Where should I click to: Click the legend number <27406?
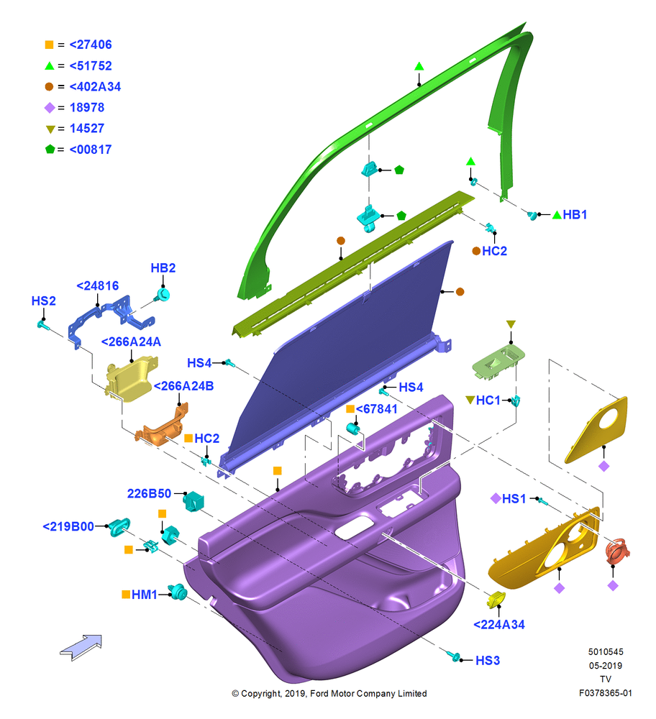pos(91,45)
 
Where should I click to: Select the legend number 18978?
pos(87,107)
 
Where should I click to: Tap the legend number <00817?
pos(91,150)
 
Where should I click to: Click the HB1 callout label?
pos(575,214)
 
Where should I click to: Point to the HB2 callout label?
pos(163,267)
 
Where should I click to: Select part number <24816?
pos(97,285)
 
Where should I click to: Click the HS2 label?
pos(44,301)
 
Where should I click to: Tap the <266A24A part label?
pos(131,342)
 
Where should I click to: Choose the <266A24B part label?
pos(183,386)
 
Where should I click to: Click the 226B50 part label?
pos(149,493)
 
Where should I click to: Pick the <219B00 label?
pos(68,526)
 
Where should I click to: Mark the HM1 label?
pos(144,595)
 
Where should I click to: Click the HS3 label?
pos(488,660)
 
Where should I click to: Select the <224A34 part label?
pos(498,625)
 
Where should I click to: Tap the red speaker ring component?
pos(617,551)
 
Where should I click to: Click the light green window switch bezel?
pos(498,362)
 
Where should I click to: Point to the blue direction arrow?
pos(81,647)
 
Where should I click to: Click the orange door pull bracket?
pos(161,425)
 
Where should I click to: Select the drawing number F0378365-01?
pos(605,693)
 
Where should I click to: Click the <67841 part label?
pos(376,409)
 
